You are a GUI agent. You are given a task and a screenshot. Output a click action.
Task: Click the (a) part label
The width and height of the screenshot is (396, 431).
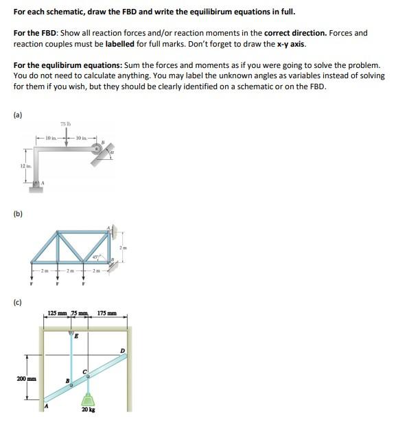17,115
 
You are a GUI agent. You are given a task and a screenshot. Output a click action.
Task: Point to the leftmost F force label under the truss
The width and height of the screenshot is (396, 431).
31,283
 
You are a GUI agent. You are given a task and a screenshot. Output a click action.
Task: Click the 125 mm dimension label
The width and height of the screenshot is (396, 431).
59,314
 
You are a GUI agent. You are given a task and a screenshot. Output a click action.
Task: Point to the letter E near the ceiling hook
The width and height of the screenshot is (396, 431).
76,336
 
